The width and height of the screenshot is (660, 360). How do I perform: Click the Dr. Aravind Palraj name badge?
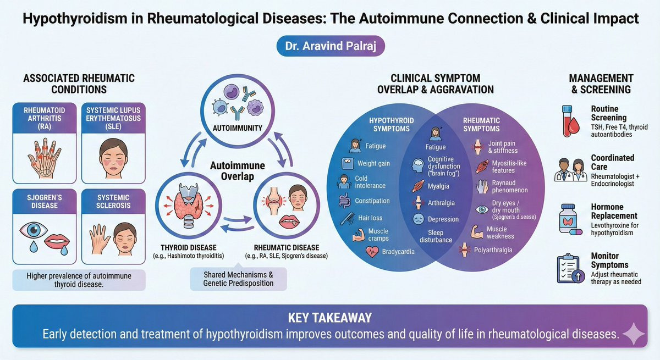[331, 46]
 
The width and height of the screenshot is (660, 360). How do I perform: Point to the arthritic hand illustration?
[44, 158]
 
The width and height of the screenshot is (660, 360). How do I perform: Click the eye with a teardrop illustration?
[34, 235]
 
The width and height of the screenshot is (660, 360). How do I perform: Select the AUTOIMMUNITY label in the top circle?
[238, 128]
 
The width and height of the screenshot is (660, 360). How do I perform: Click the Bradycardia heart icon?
[372, 252]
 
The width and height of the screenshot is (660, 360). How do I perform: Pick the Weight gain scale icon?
[348, 164]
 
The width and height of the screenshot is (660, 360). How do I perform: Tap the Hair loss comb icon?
[348, 218]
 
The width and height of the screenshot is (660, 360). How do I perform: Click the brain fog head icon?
[418, 166]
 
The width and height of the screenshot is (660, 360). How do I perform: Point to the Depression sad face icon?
[418, 219]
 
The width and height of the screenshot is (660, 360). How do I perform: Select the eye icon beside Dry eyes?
[482, 209]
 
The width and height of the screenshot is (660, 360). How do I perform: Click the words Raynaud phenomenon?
[510, 186]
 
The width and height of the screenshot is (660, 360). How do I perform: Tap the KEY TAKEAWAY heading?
[330, 318]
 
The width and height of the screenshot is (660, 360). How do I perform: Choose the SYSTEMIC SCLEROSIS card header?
[113, 201]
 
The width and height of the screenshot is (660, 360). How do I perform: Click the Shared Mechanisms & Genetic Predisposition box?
[238, 279]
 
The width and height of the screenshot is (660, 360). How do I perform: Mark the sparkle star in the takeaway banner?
[633, 334]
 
